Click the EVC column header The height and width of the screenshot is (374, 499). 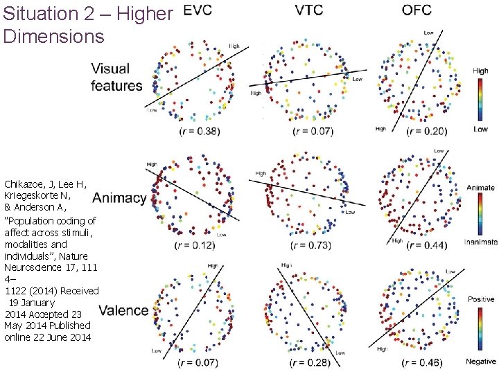tap(199, 10)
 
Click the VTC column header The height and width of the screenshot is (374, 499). tap(308, 10)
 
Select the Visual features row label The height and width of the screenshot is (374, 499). tap(116, 77)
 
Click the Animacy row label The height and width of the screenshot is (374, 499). tap(119, 198)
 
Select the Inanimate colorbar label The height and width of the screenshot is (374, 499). tap(481, 242)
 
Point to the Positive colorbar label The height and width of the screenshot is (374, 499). tap(481, 299)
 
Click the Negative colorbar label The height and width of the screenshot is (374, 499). tap(481, 362)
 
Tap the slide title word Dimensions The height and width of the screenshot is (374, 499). tap(53, 36)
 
